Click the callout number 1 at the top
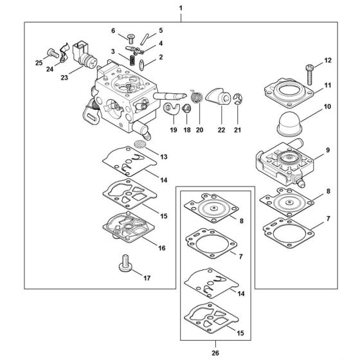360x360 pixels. [181, 8]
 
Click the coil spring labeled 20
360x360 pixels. [197, 98]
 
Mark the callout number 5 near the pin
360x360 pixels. [161, 30]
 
